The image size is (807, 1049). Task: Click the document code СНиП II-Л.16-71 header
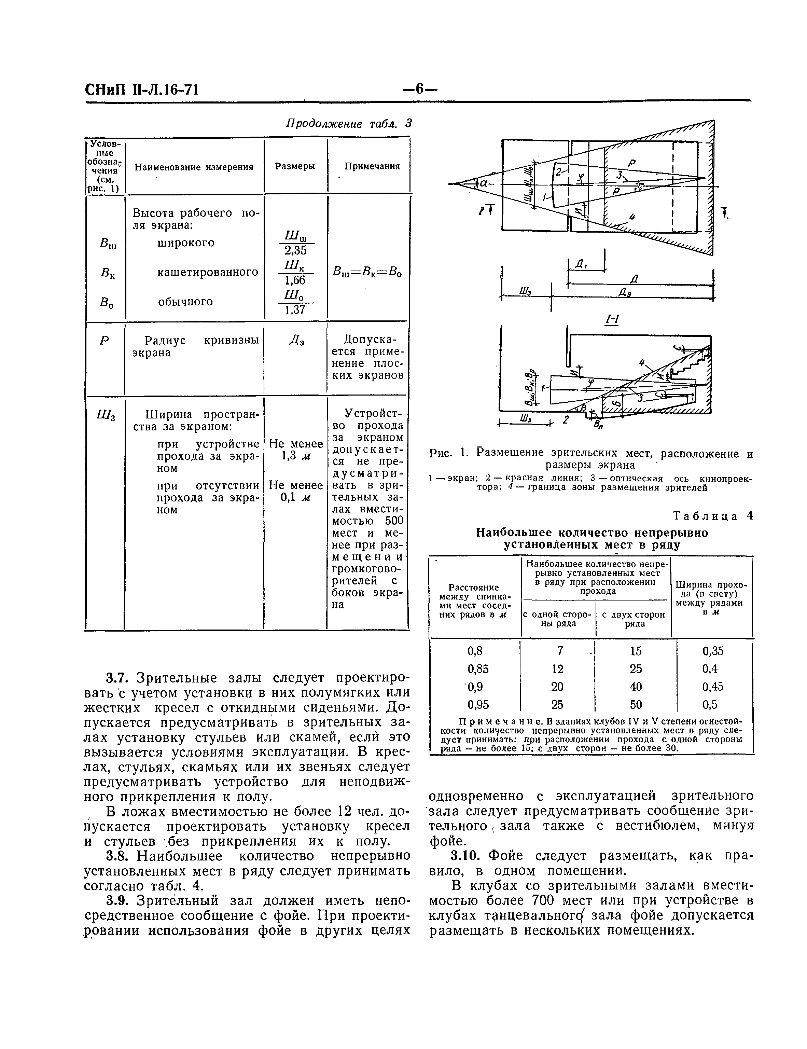tap(141, 90)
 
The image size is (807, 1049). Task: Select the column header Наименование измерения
tap(194, 167)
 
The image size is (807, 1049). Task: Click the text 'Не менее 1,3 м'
tap(295, 450)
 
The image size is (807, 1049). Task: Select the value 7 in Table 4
tap(560, 651)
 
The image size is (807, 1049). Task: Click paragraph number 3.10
tap(465, 855)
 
